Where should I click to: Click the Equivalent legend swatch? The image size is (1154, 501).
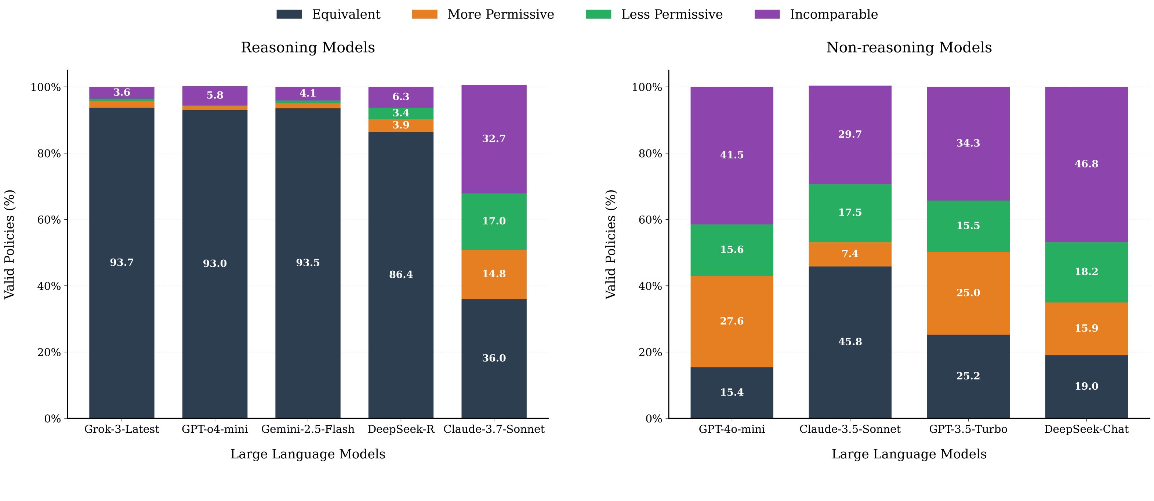(x=289, y=14)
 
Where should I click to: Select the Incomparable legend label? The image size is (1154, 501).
(x=833, y=14)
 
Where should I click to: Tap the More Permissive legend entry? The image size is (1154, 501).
(x=500, y=14)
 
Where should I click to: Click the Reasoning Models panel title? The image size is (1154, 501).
(x=308, y=47)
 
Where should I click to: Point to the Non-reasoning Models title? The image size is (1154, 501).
(x=908, y=47)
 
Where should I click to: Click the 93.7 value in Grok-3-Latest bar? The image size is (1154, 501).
(x=122, y=263)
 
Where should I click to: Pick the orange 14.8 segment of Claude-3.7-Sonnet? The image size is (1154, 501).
(x=494, y=274)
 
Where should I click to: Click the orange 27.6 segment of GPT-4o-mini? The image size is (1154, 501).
(x=732, y=321)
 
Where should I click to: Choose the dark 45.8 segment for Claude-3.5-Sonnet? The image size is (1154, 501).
(x=850, y=342)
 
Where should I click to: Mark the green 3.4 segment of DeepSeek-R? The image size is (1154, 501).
(x=400, y=113)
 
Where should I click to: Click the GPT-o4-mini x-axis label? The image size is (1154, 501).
(x=215, y=429)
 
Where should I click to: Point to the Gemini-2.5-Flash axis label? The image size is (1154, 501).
(x=308, y=429)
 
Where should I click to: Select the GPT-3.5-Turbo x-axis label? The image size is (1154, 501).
(x=968, y=429)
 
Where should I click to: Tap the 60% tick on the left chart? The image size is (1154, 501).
(x=49, y=220)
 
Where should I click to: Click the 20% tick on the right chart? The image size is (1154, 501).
(x=650, y=353)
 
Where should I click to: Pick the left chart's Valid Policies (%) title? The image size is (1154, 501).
(x=10, y=244)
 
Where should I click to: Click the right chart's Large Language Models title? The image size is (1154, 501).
(x=908, y=454)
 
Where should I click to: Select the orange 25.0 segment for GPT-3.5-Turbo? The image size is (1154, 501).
(x=968, y=293)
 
